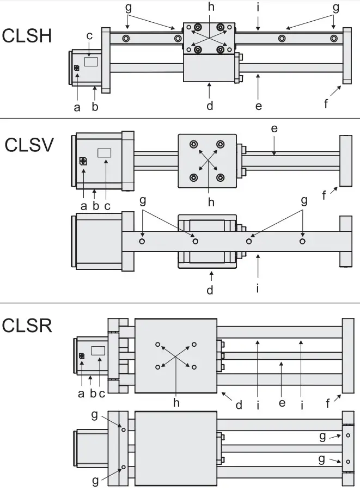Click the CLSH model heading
(27, 36)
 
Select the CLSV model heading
(29, 145)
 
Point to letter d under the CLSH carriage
(210, 106)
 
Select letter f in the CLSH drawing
(326, 103)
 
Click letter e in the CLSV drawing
(274, 128)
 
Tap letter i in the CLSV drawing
(258, 287)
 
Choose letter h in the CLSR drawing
(176, 403)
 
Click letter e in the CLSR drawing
(282, 403)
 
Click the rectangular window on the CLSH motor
(91, 62)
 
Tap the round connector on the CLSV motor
(83, 161)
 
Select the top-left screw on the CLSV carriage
(193, 144)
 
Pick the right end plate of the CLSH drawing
(346, 56)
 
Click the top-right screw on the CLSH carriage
(221, 28)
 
